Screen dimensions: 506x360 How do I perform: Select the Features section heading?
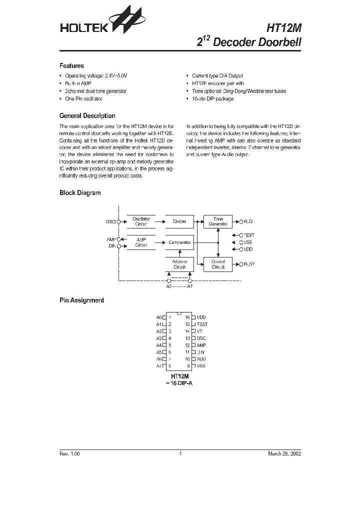(x=71, y=65)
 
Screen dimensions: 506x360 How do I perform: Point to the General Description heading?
(x=87, y=115)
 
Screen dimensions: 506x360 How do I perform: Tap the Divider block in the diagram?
(x=179, y=221)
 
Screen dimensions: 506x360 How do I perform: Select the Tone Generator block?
(x=218, y=221)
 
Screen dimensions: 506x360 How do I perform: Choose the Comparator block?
(x=179, y=242)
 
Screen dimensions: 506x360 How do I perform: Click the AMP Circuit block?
(x=141, y=242)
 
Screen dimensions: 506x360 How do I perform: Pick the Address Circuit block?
(x=179, y=264)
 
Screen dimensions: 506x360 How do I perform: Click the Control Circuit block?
(x=218, y=264)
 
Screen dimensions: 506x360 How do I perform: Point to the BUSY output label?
(x=248, y=263)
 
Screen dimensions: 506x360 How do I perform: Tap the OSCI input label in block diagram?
(x=110, y=221)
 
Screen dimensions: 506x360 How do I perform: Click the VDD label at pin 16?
(x=201, y=317)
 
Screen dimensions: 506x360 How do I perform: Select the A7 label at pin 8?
(x=159, y=366)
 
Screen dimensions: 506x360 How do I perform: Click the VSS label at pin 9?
(x=201, y=366)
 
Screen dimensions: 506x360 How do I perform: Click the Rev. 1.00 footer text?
(x=69, y=453)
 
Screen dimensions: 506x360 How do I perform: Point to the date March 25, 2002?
(x=284, y=453)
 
